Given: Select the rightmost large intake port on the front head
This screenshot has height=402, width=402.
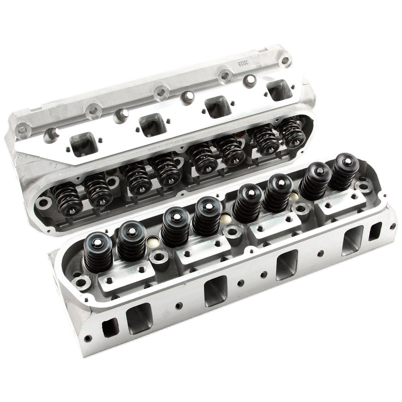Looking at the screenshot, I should coord(352,240).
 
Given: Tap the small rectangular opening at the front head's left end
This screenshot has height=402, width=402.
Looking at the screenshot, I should coord(109,329).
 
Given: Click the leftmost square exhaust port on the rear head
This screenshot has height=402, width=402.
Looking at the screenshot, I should coord(79,144).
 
